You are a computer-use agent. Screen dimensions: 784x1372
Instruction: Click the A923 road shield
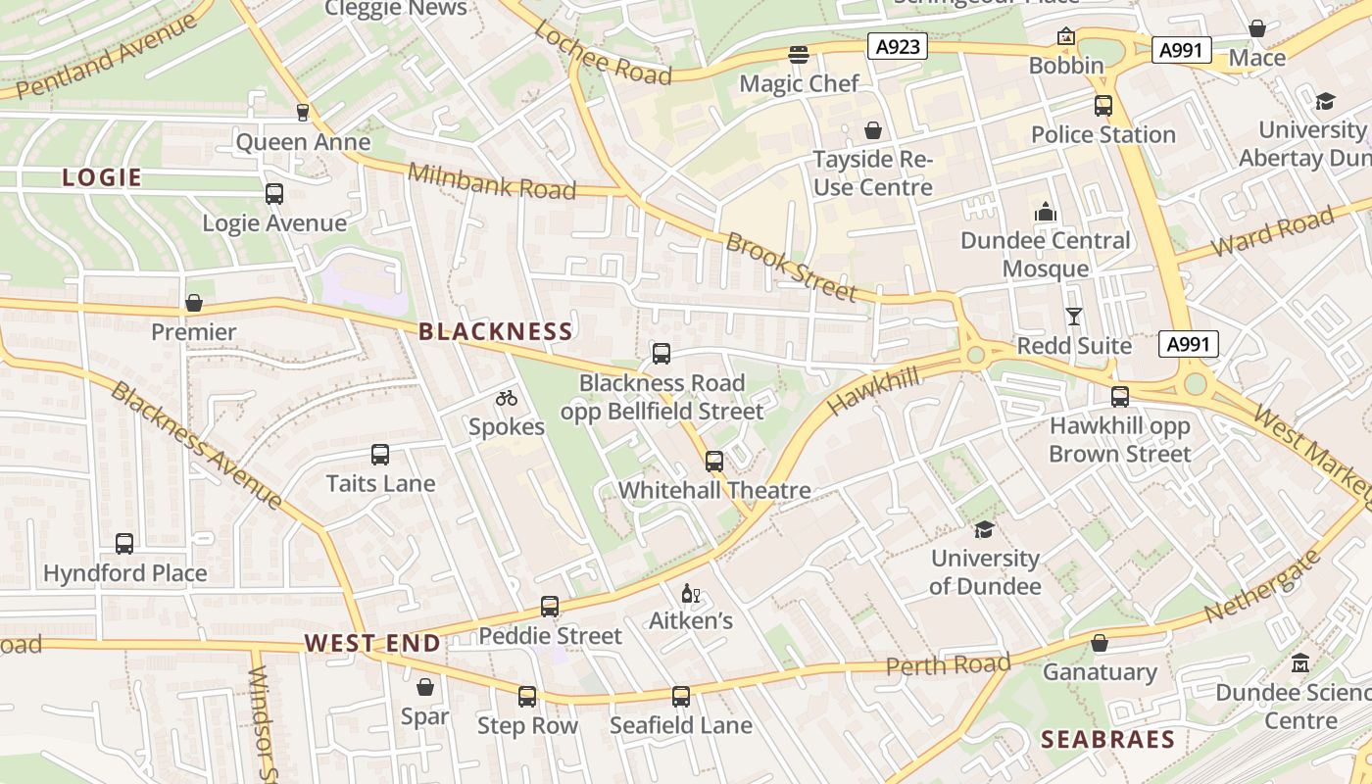click(x=897, y=46)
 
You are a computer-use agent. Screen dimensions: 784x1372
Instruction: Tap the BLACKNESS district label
click(x=495, y=331)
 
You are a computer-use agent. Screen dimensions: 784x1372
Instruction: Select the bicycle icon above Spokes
click(x=506, y=398)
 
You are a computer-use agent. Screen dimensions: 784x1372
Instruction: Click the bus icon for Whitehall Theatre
click(x=714, y=461)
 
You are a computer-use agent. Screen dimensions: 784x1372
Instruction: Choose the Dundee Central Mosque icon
click(x=1045, y=212)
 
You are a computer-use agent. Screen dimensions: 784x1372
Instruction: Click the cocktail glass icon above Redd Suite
click(x=1074, y=316)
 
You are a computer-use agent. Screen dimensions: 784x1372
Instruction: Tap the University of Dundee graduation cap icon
click(x=984, y=529)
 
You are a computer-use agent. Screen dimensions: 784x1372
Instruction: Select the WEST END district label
click(x=372, y=644)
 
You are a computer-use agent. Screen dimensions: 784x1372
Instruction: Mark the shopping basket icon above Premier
click(x=194, y=303)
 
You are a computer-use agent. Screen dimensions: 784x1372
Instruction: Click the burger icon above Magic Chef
click(x=799, y=54)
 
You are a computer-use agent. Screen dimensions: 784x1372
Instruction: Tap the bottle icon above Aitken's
click(x=691, y=593)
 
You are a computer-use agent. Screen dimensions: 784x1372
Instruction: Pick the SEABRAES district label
click(x=1107, y=739)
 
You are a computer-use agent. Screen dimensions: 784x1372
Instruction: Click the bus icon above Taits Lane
click(x=380, y=455)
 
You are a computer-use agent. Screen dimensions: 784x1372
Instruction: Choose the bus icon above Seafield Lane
click(x=681, y=697)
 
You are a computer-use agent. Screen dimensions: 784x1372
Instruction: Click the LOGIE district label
click(x=102, y=177)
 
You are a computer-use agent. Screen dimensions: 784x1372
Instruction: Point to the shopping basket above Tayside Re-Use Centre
click(x=872, y=130)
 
